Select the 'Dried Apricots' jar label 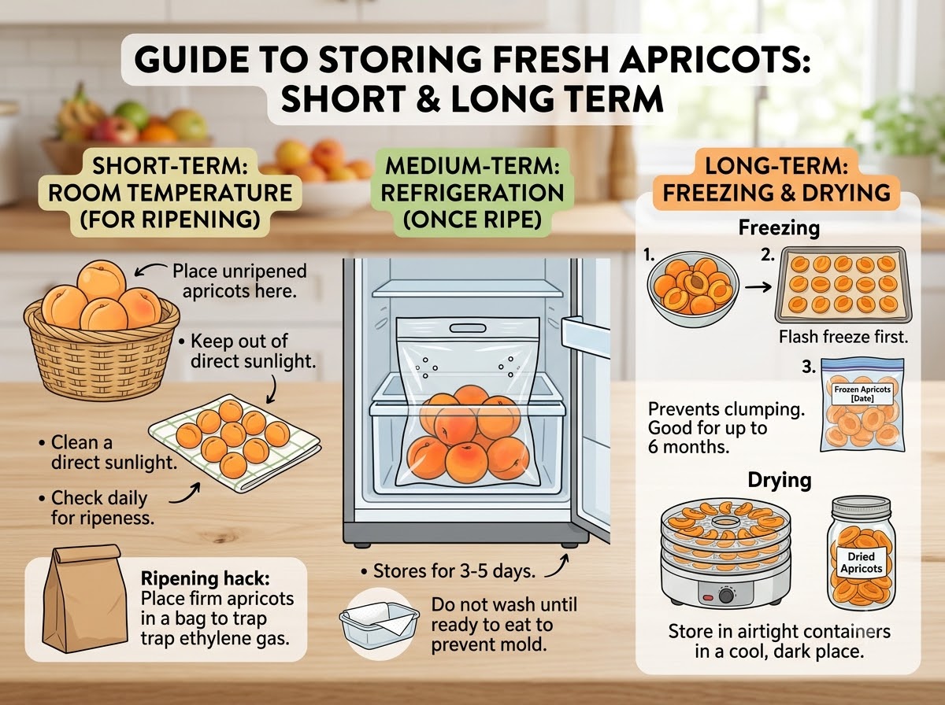pos(861,563)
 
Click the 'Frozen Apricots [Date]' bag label pos(862,393)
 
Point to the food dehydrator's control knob pos(726,596)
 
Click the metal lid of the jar pos(861,508)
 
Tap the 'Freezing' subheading pos(779,228)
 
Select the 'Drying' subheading pos(780,480)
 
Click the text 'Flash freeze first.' pos(843,337)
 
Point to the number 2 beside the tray pos(768,255)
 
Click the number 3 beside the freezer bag pos(809,367)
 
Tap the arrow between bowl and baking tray pos(758,287)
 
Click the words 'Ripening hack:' pos(205,578)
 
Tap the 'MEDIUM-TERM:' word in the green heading pos(472,167)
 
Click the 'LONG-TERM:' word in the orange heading pos(776,167)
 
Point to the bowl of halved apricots pos(693,289)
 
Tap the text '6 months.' pos(689,448)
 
